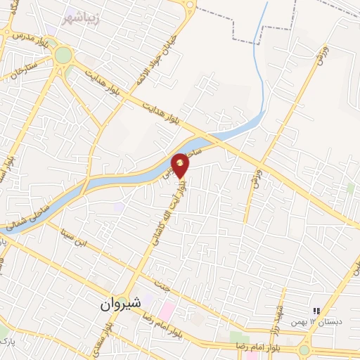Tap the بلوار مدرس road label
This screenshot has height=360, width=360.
27,35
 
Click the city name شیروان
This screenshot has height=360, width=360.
117,303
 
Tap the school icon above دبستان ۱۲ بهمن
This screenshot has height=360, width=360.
316,310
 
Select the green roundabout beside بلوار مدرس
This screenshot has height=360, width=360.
63,54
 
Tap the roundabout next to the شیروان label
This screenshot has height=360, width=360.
122,300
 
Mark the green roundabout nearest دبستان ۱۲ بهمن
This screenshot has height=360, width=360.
304,349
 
